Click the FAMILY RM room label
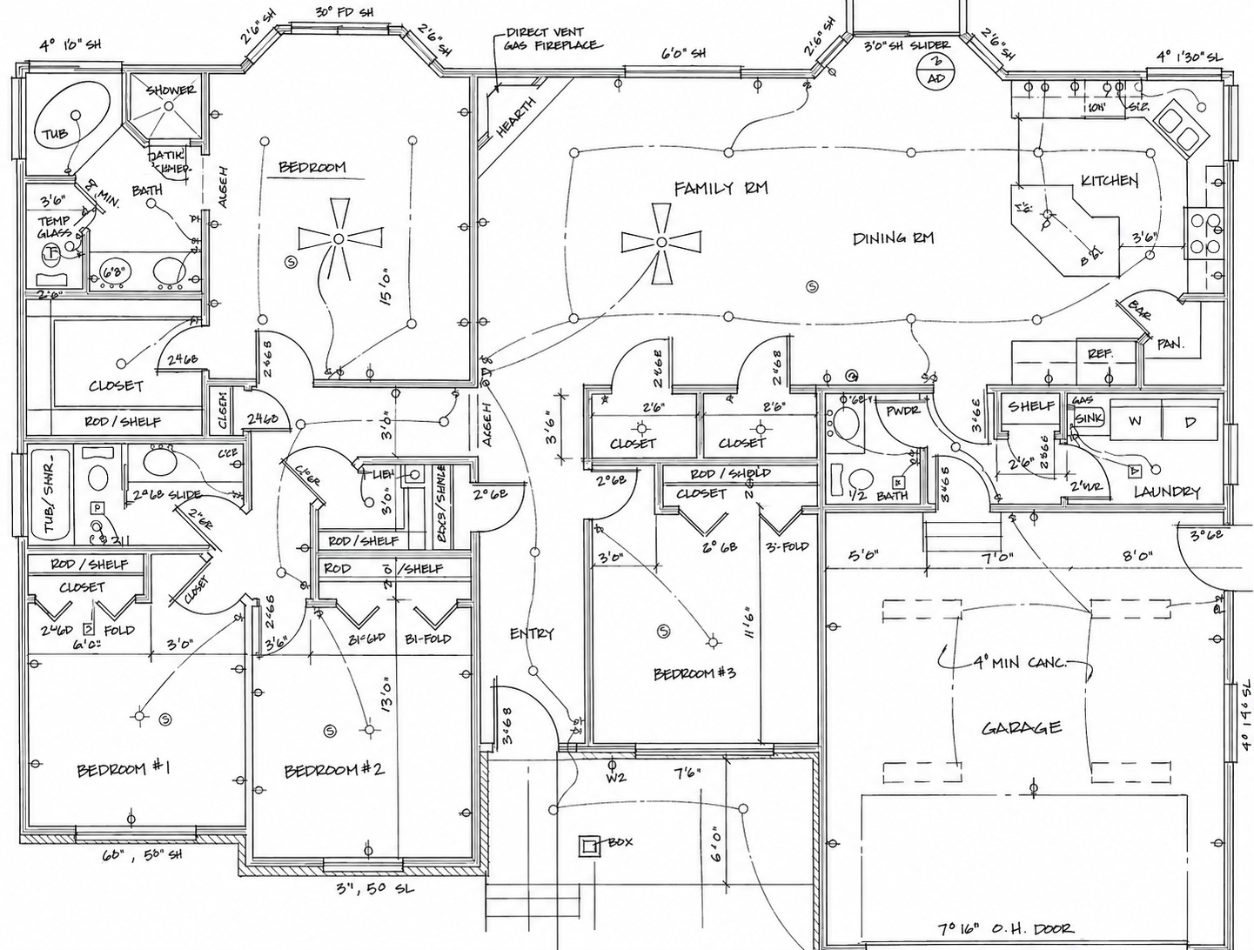point(721,188)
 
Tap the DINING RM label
point(893,237)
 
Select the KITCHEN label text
point(1109,180)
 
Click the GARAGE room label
point(1022,727)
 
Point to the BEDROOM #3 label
point(694,673)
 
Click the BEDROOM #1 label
point(123,769)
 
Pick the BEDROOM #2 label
point(334,770)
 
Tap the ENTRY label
point(532,633)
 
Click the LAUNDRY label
point(1166,492)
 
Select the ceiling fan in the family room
point(661,242)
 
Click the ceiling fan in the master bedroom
point(339,238)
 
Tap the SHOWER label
point(171,90)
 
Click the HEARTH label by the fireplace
point(516,117)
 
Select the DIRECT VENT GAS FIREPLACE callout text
point(552,38)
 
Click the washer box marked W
point(1135,422)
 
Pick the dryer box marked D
point(1190,422)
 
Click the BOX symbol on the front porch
point(590,844)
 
